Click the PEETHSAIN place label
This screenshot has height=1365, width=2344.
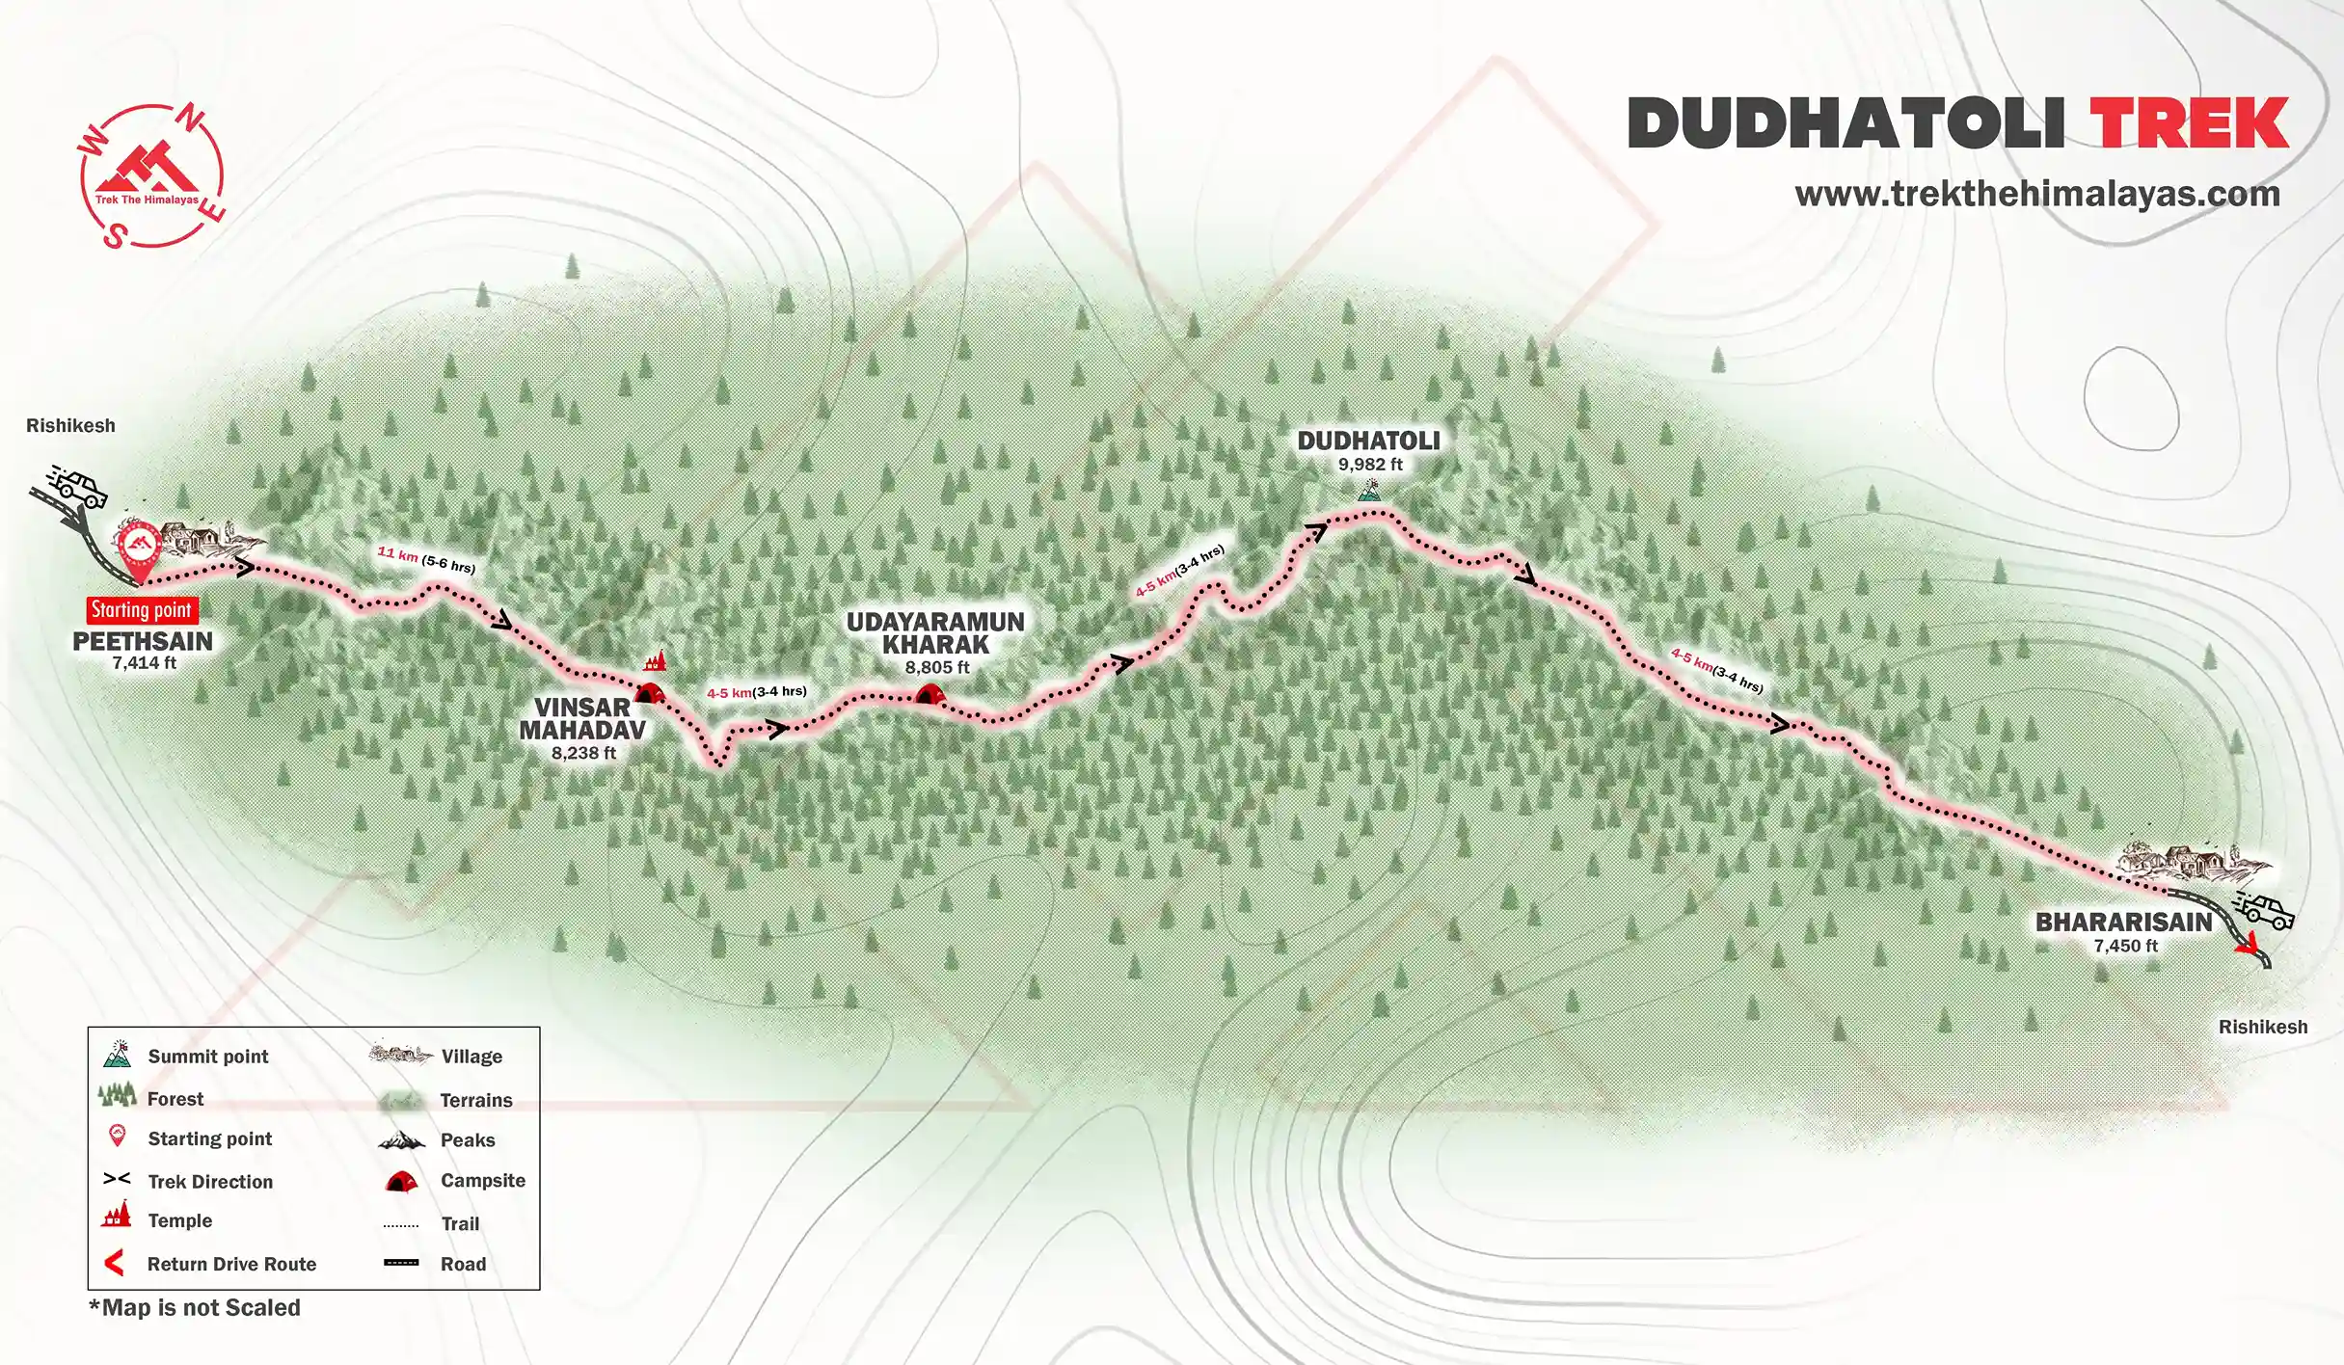click(x=143, y=641)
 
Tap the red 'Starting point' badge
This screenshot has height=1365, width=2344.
click(x=142, y=610)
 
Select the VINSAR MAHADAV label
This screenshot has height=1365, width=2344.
click(x=582, y=719)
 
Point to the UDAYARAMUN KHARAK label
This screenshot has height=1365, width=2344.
click(x=935, y=633)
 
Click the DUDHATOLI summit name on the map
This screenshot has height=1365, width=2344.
click(x=1368, y=442)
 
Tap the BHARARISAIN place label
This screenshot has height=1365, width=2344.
click(x=2124, y=923)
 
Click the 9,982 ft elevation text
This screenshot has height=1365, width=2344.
click(x=1370, y=465)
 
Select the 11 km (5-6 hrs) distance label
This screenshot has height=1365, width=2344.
click(x=426, y=559)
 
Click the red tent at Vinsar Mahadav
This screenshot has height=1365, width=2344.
click(x=649, y=692)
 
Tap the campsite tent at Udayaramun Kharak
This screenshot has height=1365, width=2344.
click(x=930, y=693)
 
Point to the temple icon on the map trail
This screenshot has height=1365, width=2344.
click(x=656, y=661)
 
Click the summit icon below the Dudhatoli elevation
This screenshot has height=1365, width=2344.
click(x=1368, y=492)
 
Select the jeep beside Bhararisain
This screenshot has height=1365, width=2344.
click(x=2264, y=910)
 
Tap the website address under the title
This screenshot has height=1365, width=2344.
click(x=2036, y=194)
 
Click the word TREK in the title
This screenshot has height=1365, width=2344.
click(x=2189, y=123)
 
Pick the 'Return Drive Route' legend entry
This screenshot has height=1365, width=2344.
click(x=231, y=1264)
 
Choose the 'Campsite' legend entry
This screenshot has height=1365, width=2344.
click(x=482, y=1181)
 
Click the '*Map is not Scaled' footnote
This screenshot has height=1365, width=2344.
click(x=195, y=1308)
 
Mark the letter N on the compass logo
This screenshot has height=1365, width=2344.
click(x=192, y=120)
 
